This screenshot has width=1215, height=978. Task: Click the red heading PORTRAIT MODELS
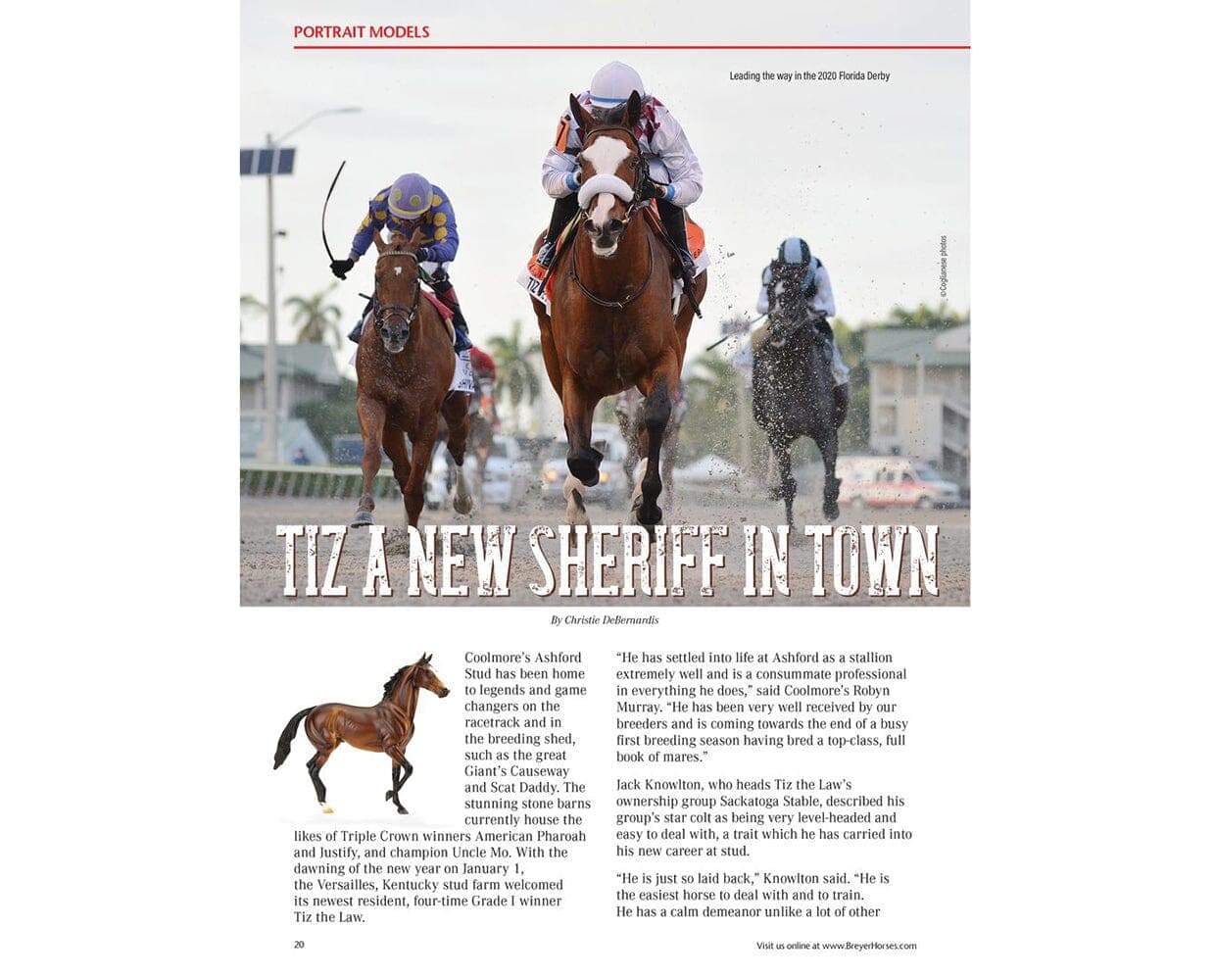pos(361,31)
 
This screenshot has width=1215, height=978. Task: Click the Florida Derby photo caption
pos(808,75)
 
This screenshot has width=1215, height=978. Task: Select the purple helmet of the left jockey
pos(410,194)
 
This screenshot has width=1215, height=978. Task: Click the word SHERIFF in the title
pos(628,562)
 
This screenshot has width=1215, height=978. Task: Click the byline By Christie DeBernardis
pos(605,620)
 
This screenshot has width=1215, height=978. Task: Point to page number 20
pos(299,945)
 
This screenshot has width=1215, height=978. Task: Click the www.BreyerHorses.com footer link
pos(869,946)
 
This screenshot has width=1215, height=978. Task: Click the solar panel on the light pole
pos(267,161)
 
